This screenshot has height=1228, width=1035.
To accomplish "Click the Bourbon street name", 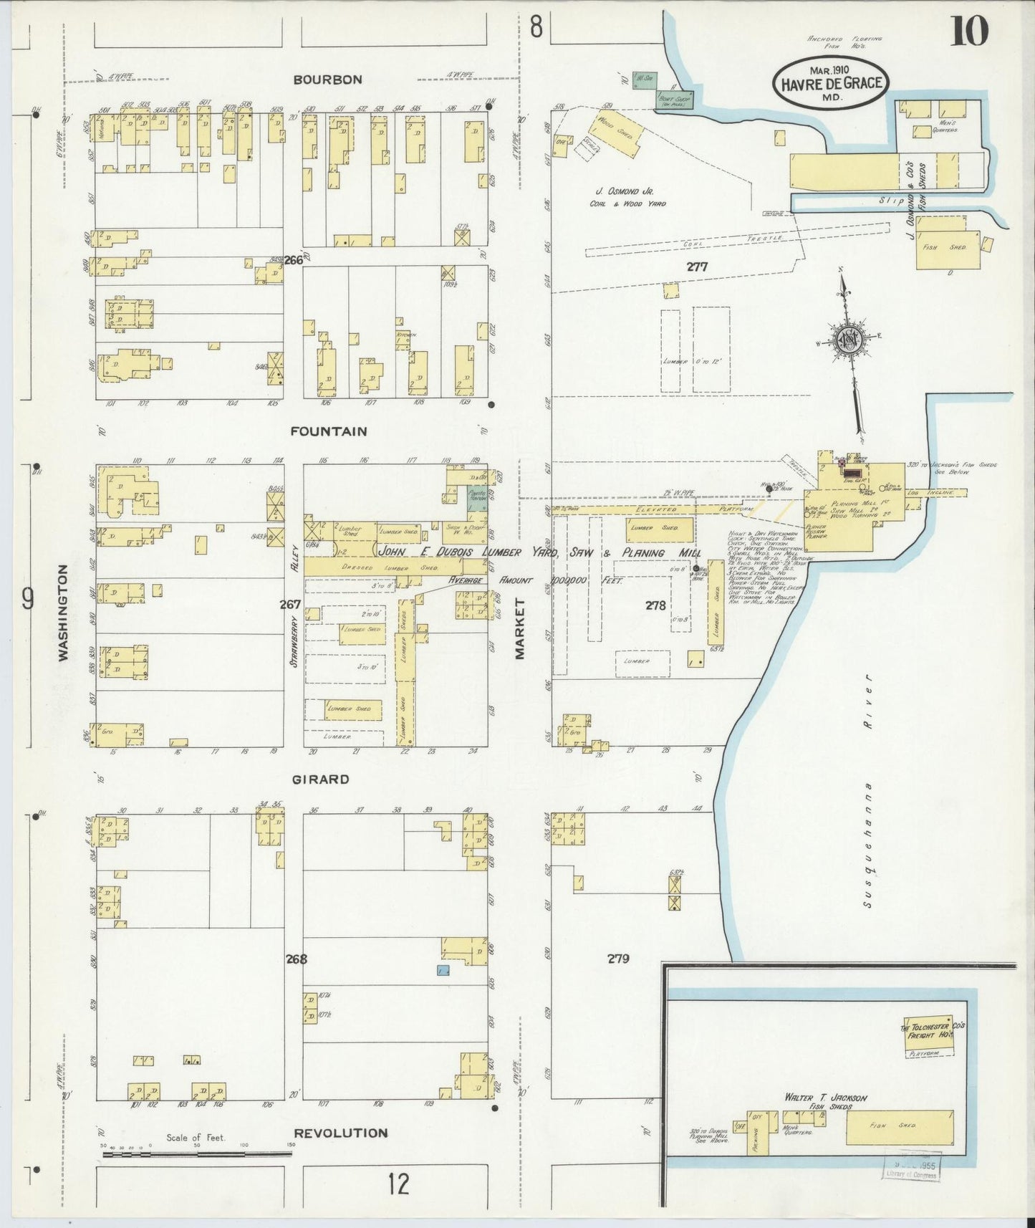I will (x=326, y=80).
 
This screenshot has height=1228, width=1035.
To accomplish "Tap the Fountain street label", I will (x=329, y=431).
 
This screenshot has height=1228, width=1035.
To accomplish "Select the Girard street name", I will (x=320, y=779).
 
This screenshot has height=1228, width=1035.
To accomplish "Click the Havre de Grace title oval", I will (x=828, y=83).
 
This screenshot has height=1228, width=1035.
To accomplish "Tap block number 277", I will (x=696, y=267).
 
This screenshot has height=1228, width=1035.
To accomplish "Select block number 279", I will (x=618, y=958).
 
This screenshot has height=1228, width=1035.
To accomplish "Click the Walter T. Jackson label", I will (x=826, y=1098).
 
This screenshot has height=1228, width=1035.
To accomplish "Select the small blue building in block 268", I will (x=443, y=970).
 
